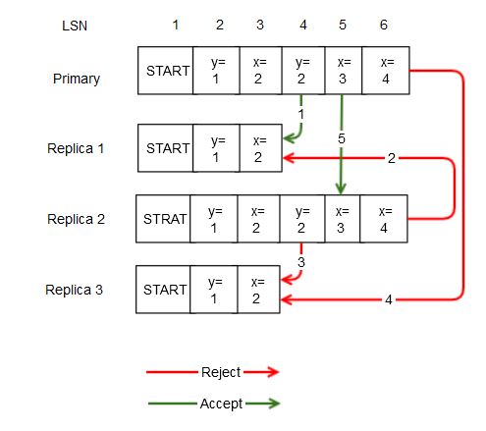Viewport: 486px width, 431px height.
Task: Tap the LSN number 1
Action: click(175, 25)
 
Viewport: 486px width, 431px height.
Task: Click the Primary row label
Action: click(77, 79)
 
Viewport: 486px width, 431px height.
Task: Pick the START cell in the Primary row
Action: click(166, 71)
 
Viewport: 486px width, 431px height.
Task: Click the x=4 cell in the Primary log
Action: click(385, 71)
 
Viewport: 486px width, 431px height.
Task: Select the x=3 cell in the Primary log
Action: click(342, 71)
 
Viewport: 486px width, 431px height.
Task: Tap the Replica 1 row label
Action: click(76, 149)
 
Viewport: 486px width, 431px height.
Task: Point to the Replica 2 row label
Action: click(76, 220)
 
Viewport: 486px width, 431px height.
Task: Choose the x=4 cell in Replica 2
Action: click(384, 219)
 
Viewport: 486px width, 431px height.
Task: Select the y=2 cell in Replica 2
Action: click(300, 219)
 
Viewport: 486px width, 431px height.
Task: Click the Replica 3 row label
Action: click(76, 290)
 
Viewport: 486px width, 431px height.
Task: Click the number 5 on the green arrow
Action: click(342, 139)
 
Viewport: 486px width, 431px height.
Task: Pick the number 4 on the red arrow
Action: click(388, 299)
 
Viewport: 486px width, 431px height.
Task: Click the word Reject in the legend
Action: click(220, 372)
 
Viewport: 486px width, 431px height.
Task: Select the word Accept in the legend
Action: click(220, 404)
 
